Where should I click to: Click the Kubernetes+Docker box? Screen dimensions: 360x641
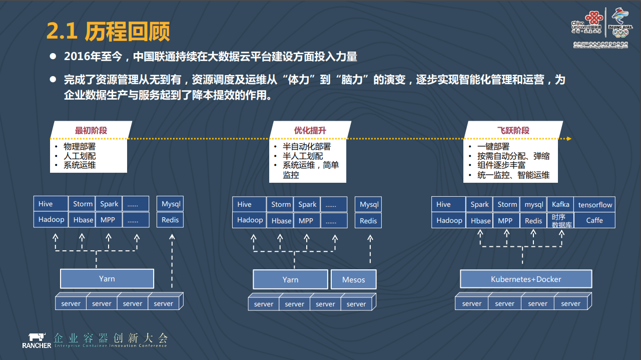point(526,279)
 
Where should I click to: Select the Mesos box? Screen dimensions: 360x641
point(353,280)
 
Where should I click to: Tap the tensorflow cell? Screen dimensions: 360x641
point(595,204)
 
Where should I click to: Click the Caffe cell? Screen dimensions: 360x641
point(594,220)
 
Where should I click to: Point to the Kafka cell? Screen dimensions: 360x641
point(560,204)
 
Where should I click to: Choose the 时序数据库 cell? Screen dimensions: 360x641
point(560,221)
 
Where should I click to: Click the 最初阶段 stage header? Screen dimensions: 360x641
point(91,130)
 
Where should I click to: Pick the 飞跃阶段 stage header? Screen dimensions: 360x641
point(513,130)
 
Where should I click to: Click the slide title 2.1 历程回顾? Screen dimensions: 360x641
point(108,31)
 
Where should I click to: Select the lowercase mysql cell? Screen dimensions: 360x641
point(533,204)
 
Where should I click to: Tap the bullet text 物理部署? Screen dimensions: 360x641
point(79,147)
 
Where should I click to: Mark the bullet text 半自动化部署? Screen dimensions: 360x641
point(306,147)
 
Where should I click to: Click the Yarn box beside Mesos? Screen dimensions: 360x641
point(290,280)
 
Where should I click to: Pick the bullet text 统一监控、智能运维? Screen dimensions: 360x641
point(513,175)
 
